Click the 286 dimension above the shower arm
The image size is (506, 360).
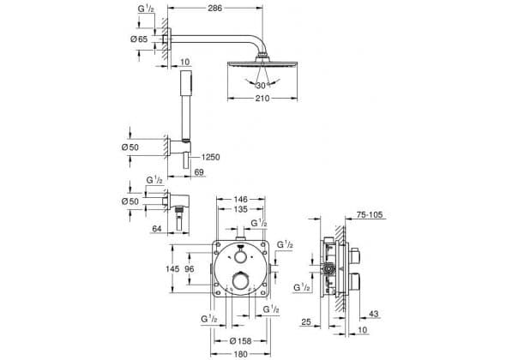click(215, 8)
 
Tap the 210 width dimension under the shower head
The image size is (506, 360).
click(262, 99)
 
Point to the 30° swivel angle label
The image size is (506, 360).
click(262, 86)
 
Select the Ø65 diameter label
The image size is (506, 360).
click(139, 39)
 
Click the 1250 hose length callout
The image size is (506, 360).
click(210, 157)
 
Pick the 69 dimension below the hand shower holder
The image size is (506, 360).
click(199, 172)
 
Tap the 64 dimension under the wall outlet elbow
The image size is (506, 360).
click(156, 229)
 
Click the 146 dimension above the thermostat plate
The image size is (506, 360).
click(240, 200)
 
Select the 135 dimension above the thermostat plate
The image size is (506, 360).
click(240, 209)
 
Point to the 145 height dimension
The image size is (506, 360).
click(172, 268)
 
